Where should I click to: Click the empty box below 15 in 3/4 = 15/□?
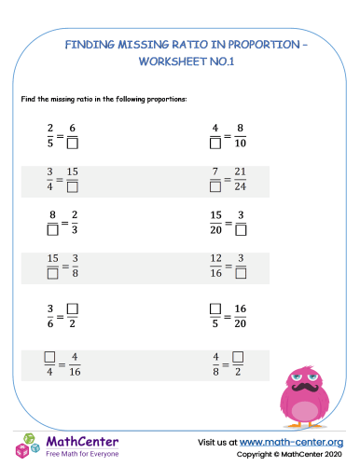(x=72, y=187)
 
